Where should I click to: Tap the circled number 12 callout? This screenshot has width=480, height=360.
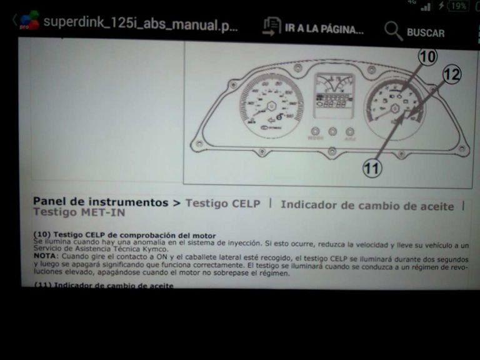452,75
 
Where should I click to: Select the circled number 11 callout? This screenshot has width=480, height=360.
372,167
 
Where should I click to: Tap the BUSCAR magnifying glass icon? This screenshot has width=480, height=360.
393,31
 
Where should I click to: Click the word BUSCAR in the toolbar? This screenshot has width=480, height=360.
426,32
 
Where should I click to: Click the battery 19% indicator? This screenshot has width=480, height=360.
459,6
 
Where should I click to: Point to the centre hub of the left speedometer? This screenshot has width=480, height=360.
271,106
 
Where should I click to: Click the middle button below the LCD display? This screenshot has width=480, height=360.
332,132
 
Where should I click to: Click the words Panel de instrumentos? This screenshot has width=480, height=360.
100,202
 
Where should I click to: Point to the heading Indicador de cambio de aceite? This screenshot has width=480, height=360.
367,205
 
